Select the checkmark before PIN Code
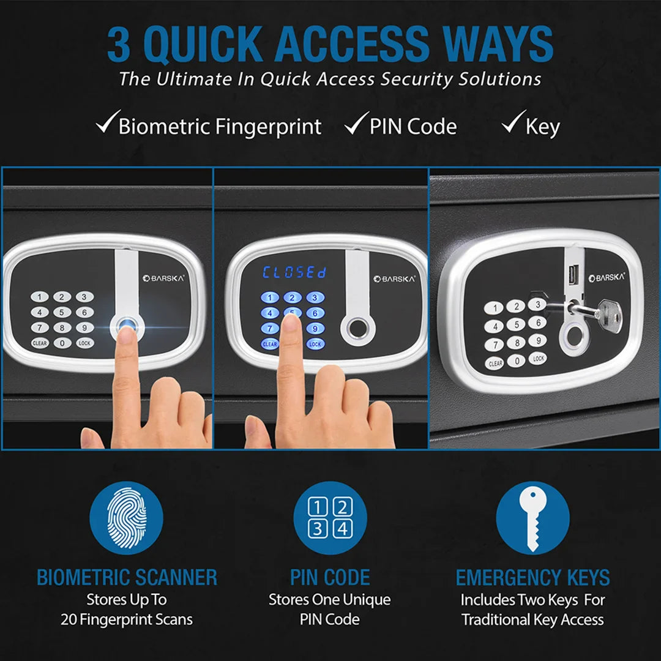click(x=356, y=124)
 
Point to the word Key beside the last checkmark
click(x=542, y=127)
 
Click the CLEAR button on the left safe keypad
click(x=40, y=343)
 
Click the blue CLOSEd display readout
click(x=294, y=272)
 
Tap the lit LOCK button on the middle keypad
click(x=315, y=344)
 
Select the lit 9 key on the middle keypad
click(x=315, y=329)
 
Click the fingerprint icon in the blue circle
click(x=127, y=518)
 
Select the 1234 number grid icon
click(x=330, y=518)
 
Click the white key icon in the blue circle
click(x=532, y=518)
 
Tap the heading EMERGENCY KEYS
click(x=532, y=578)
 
